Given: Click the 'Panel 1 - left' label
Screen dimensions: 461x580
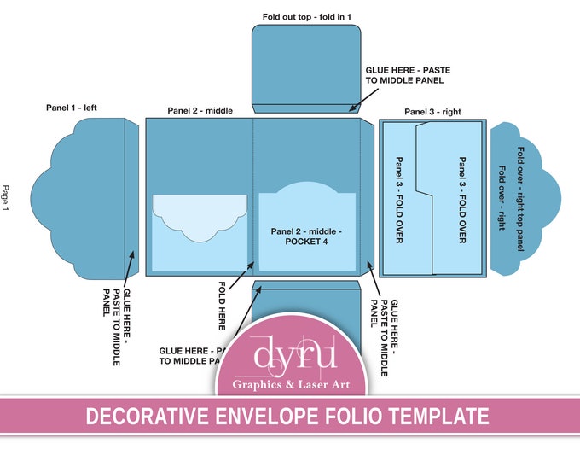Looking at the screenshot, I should (78, 108).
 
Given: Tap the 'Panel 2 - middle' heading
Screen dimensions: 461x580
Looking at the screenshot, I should (200, 110).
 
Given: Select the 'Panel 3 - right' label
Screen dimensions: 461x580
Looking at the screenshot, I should (432, 111).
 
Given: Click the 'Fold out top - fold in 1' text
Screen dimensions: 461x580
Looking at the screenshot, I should (306, 16).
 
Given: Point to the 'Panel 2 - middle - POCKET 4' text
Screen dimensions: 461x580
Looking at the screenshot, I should (307, 236).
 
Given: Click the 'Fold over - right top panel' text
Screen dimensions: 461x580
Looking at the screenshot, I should (519, 199).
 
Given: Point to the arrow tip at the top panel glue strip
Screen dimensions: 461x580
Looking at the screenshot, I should (350, 111).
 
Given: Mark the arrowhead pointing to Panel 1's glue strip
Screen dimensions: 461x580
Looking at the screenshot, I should (132, 251).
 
